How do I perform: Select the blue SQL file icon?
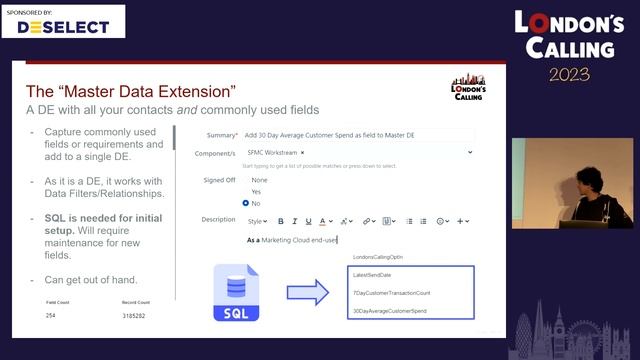(x=236, y=292)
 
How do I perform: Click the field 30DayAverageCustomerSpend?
(x=390, y=312)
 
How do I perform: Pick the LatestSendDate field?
(x=371, y=274)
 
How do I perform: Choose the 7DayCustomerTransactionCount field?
(x=392, y=293)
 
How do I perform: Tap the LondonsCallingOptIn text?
(x=378, y=257)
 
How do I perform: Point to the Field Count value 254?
(x=51, y=316)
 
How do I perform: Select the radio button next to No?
(x=246, y=203)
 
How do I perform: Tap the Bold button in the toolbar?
(x=281, y=221)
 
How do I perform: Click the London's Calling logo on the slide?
(x=469, y=86)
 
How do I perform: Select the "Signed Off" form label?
(x=219, y=180)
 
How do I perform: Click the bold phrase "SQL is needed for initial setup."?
(x=103, y=223)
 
